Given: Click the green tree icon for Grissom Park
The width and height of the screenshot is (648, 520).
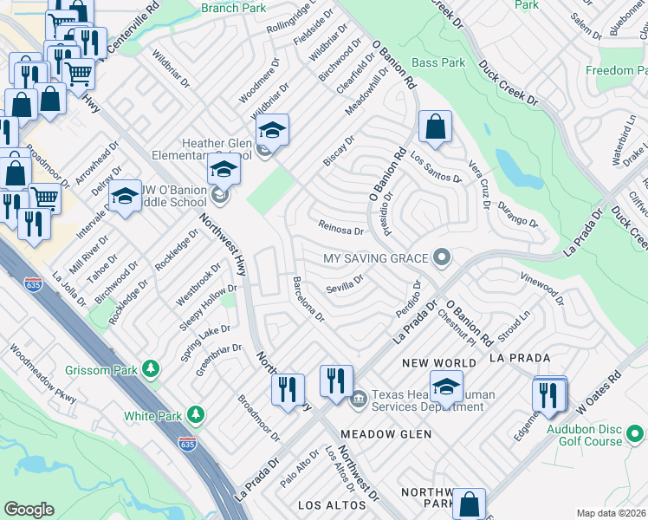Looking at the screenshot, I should click(x=152, y=370).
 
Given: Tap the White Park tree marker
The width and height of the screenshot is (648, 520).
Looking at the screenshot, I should click(x=197, y=415).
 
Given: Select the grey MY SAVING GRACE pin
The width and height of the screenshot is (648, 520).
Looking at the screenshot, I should click(x=443, y=257).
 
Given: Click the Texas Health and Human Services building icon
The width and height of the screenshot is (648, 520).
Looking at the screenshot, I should click(x=358, y=400).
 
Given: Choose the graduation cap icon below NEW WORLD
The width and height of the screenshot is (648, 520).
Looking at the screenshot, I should click(x=446, y=387).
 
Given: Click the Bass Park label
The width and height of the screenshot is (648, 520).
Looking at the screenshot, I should click(x=437, y=62).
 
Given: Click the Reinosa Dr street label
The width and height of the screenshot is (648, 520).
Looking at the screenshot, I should click(x=341, y=231).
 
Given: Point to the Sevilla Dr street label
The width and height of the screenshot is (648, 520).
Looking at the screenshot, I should click(x=343, y=289).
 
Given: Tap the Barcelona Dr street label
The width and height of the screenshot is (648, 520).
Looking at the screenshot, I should click(x=308, y=300).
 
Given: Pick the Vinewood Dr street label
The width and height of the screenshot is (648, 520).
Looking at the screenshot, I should click(x=541, y=289).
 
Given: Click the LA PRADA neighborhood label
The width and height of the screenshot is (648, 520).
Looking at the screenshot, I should click(x=520, y=357).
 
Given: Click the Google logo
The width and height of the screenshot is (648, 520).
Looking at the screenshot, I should click(x=29, y=510).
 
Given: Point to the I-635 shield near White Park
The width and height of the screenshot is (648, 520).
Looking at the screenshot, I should click(x=187, y=443).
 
